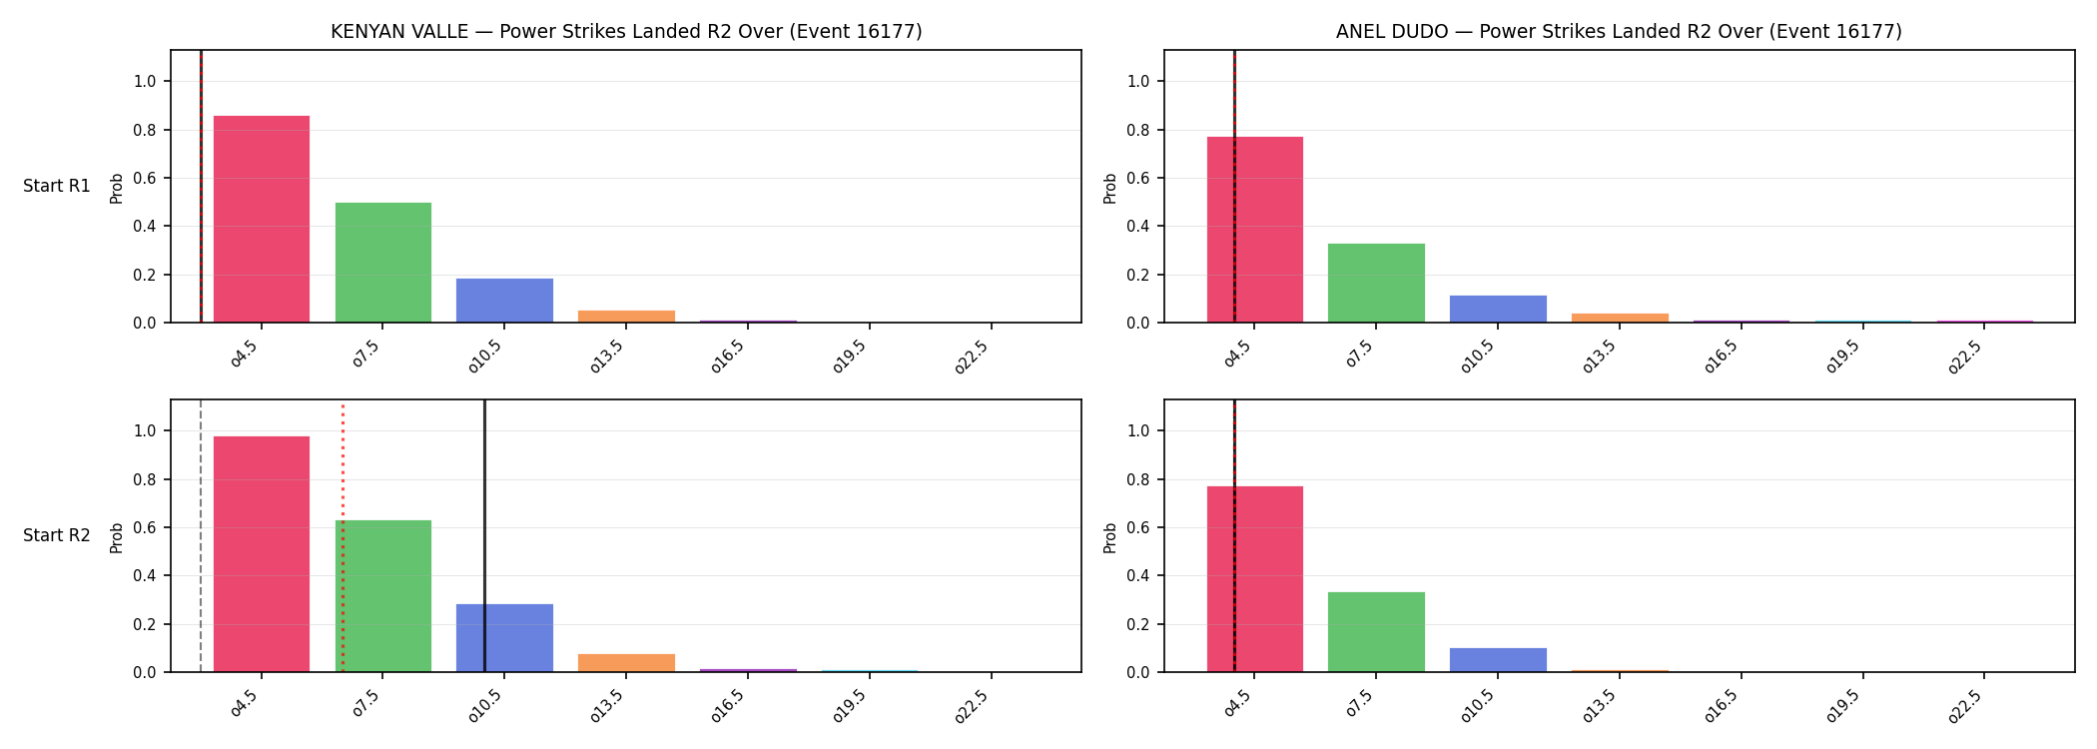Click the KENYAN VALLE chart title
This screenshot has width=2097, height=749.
pos(626,32)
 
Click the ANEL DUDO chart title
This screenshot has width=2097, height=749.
pos(1619,32)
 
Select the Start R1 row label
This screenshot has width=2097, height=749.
pos(57,187)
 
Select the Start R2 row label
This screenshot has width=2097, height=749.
pos(57,536)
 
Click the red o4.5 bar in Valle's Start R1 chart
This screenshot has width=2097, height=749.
pos(262,220)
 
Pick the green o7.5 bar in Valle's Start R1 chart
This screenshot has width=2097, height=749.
pos(383,263)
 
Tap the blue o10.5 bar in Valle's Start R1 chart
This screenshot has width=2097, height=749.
pos(504,301)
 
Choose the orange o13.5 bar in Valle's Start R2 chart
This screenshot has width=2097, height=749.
pos(626,663)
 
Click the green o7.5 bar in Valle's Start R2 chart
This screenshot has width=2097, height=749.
pos(383,596)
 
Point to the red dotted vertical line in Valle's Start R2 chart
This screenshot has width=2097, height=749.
pos(343,537)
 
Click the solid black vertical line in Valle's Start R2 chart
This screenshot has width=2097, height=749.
pos(484,535)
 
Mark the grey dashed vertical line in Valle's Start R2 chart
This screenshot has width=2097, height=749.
pos(201,535)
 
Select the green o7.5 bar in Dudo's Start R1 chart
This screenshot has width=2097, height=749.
pos(1376,284)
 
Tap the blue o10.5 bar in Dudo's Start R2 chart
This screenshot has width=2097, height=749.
pos(1498,660)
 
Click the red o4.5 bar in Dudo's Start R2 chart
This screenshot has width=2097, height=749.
pos(1255,579)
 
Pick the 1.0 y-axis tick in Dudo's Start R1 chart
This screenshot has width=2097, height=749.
pos(1139,82)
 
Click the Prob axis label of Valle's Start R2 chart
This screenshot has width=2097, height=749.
pos(117,537)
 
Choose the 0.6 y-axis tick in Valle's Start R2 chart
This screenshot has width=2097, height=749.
pos(146,528)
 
